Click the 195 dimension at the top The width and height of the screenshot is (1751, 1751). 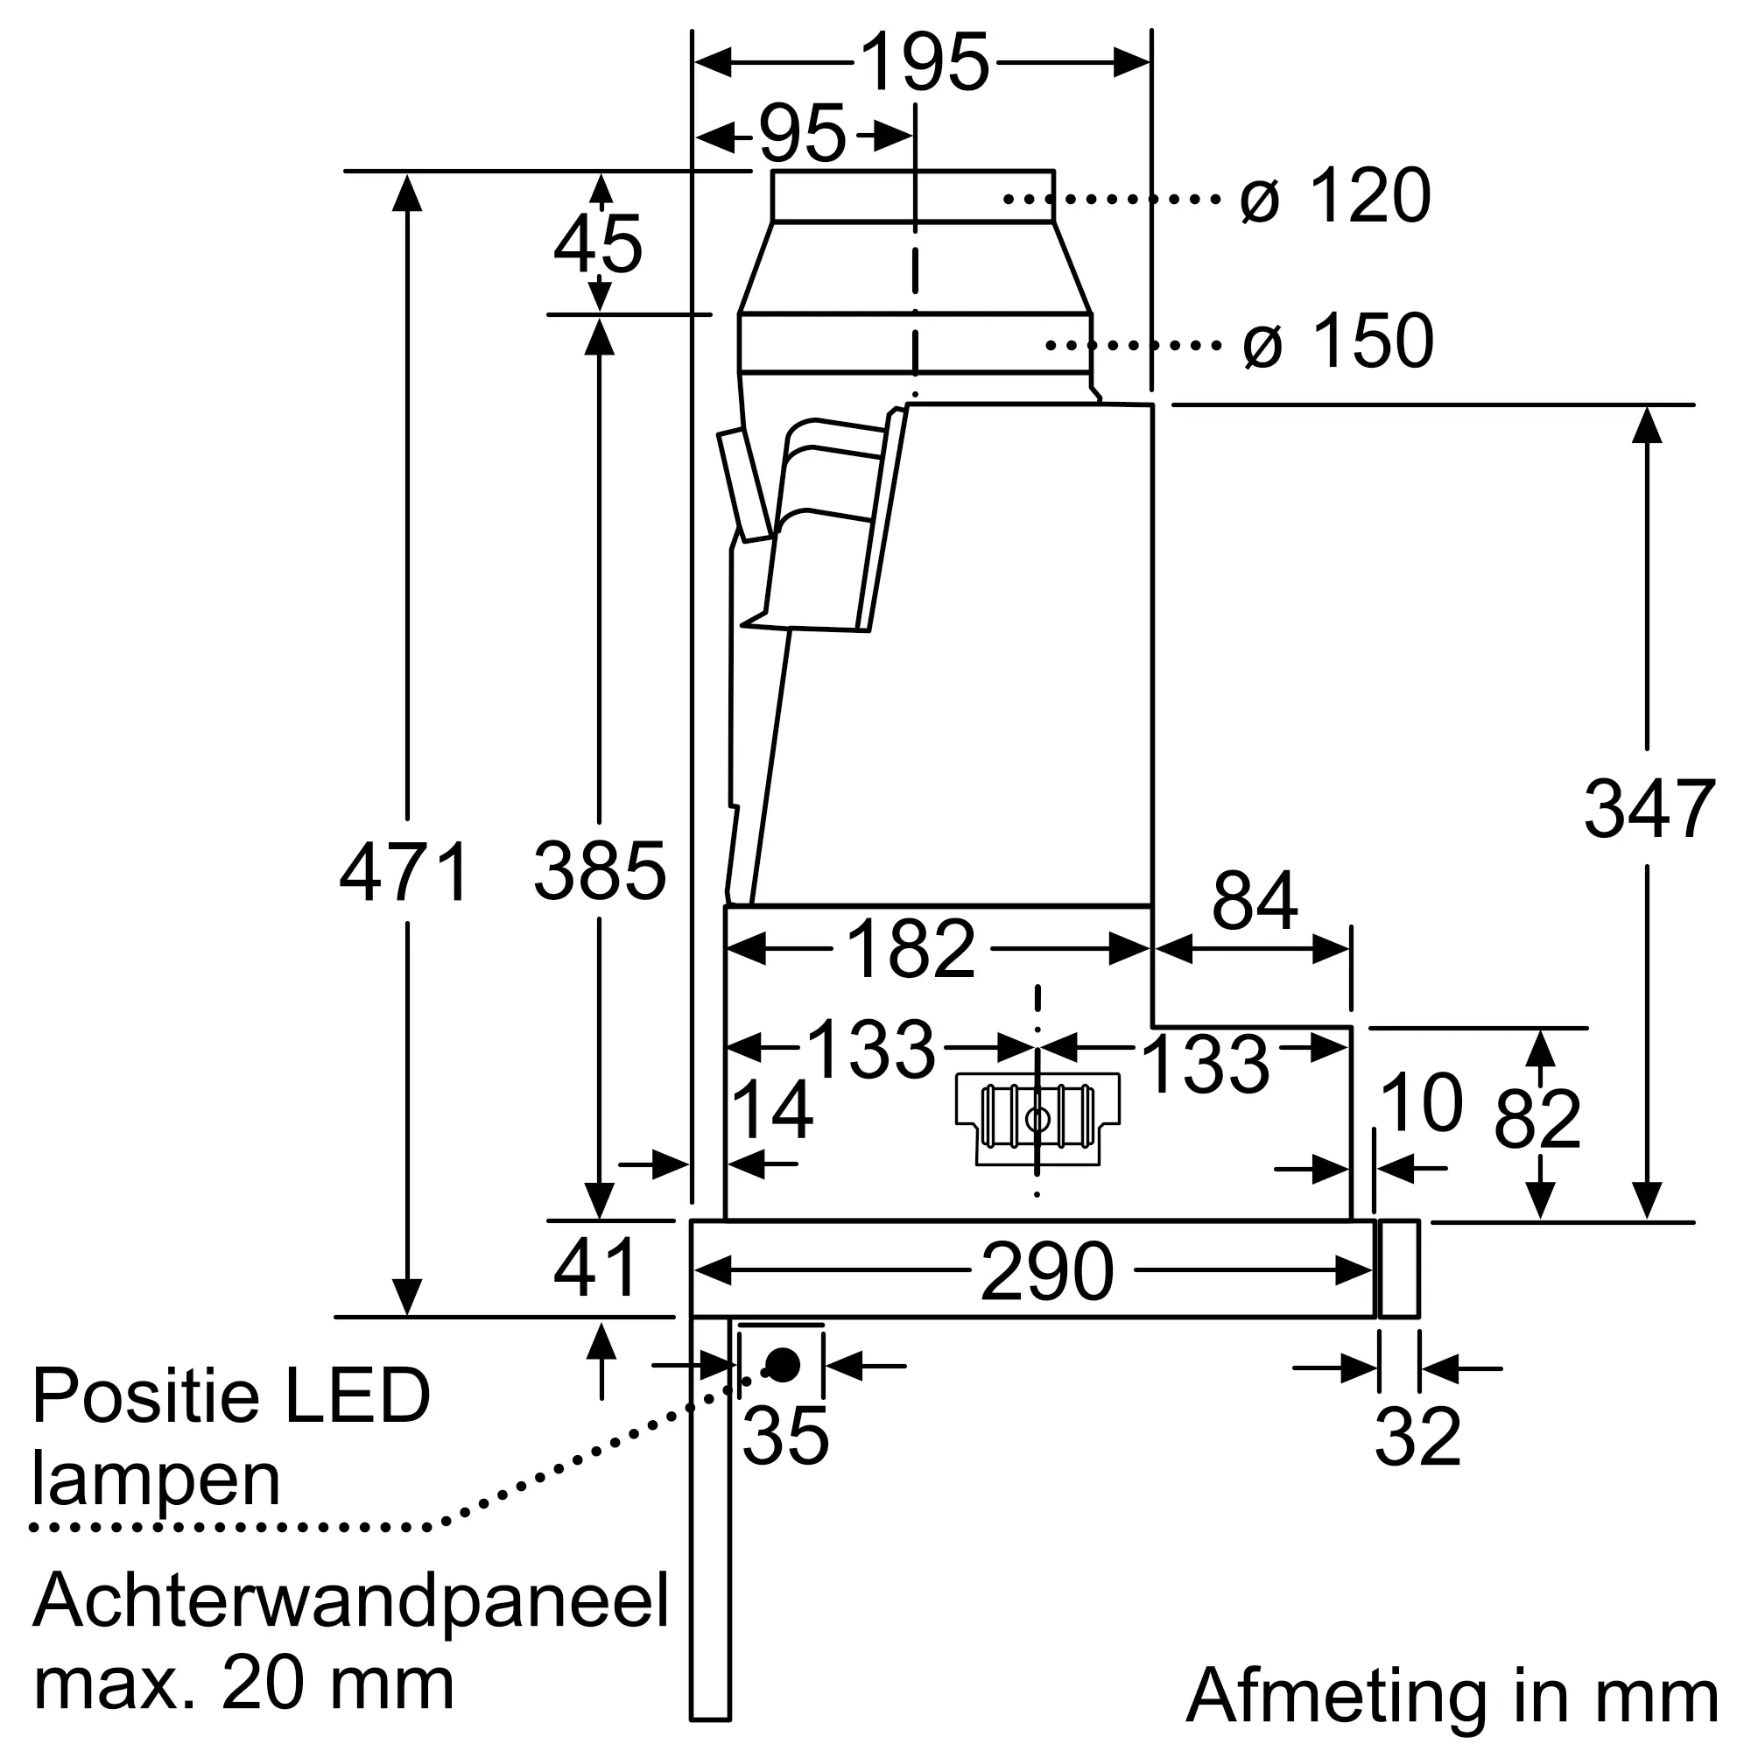coord(924,63)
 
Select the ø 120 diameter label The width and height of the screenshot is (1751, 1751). coord(1336,197)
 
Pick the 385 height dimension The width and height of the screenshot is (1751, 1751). coord(599,872)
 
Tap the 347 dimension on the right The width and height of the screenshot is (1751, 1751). coord(1649,809)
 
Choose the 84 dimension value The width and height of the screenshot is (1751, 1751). coord(1255,901)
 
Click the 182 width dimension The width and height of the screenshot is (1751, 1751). coord(910,950)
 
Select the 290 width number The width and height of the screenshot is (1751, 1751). coord(1047,1271)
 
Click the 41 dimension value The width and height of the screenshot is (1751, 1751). coord(595,1269)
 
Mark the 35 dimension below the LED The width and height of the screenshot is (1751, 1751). coord(784,1438)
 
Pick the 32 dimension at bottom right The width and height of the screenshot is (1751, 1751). coord(1417,1438)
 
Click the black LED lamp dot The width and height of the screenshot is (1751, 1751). coord(782,1364)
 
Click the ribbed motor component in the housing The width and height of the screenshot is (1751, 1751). coord(1037,1118)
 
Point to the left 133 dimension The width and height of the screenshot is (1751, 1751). coord(870,1049)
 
